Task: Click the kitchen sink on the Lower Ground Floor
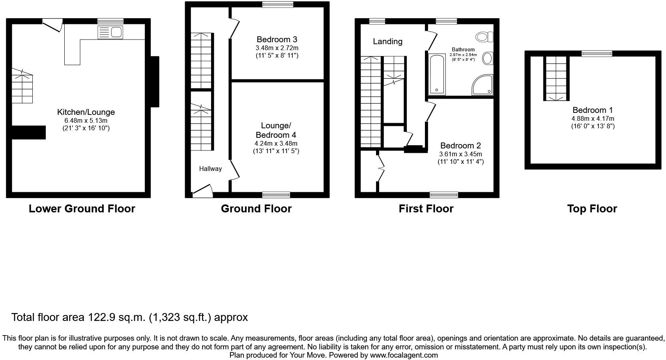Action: point(110,32)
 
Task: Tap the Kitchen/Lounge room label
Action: point(86,112)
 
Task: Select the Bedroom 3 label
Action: point(277,39)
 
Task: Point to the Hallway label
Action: point(210,169)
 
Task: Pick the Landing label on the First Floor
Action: point(387,41)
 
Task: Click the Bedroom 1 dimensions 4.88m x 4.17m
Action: point(593,118)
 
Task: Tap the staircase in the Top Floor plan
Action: point(557,78)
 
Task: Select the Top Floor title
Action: point(592,209)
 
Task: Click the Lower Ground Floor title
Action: point(82,209)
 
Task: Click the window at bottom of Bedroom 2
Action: point(444,194)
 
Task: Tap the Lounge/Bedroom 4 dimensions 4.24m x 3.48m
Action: point(276,144)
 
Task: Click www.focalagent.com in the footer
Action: point(404,355)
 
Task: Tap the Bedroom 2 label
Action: point(460,146)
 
